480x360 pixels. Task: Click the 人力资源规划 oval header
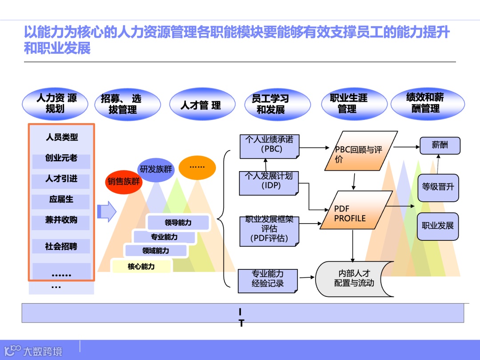pyautogui.click(x=56, y=104)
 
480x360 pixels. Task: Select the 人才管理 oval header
pyautogui.click(x=201, y=105)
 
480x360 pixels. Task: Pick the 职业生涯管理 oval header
pyautogui.click(x=348, y=104)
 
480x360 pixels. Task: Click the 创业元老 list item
pyautogui.click(x=61, y=159)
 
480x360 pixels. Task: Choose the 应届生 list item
pyautogui.click(x=61, y=200)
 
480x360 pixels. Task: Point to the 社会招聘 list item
pyautogui.click(x=61, y=246)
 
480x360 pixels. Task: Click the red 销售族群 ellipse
pyautogui.click(x=124, y=181)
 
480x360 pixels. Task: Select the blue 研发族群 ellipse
pyautogui.click(x=156, y=169)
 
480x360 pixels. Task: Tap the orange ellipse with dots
pyautogui.click(x=197, y=168)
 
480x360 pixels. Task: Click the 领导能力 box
pyautogui.click(x=178, y=223)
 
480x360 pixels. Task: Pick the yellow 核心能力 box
pyautogui.click(x=141, y=267)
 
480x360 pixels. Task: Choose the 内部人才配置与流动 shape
pyautogui.click(x=354, y=279)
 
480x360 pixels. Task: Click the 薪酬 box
pyautogui.click(x=440, y=145)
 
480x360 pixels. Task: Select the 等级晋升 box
pyautogui.click(x=438, y=187)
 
